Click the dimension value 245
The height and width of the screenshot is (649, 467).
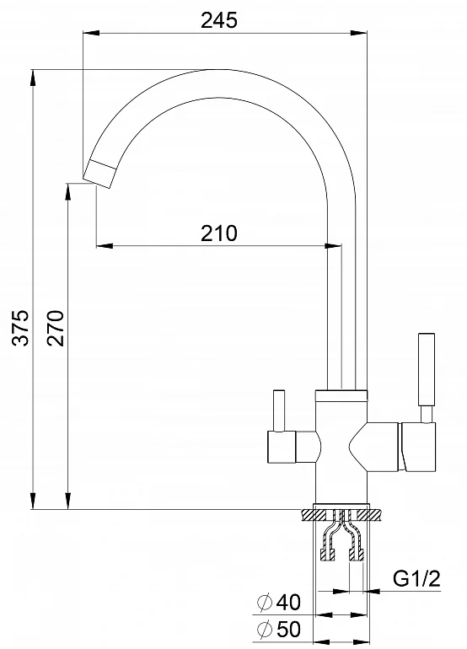point(220,21)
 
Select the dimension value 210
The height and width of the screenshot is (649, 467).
point(219,232)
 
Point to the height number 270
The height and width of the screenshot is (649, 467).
point(56,328)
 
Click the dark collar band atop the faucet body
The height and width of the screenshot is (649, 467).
point(341,394)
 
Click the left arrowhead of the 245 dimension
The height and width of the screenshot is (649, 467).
point(88,34)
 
